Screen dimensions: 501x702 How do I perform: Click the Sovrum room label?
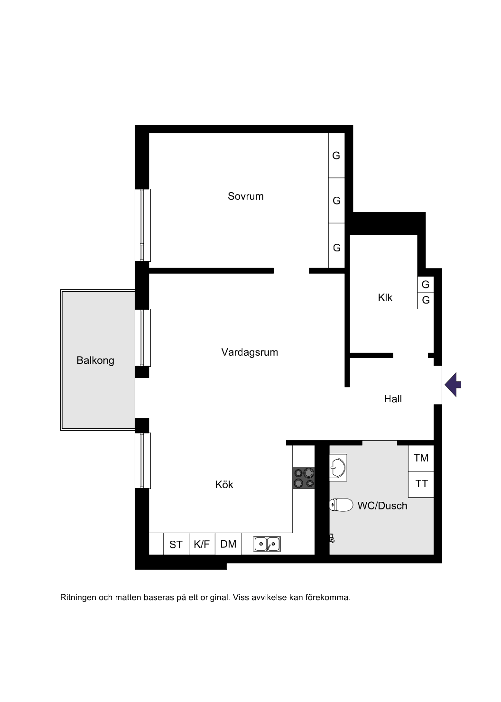[x=245, y=196]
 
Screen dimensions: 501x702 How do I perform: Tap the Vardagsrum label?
[x=250, y=352]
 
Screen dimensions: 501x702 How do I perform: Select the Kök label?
[x=224, y=484]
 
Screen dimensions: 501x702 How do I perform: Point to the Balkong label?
[x=95, y=360]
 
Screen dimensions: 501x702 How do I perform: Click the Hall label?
[x=393, y=399]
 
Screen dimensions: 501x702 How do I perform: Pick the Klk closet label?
[x=385, y=297]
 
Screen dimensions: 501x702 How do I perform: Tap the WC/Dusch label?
[x=382, y=506]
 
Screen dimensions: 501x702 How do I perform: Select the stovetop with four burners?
[x=304, y=478]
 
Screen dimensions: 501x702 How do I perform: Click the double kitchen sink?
[x=267, y=544]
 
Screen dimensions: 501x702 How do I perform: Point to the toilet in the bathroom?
[x=341, y=505]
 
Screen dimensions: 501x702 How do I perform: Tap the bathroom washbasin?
[x=338, y=468]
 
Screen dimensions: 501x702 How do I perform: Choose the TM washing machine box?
[x=421, y=458]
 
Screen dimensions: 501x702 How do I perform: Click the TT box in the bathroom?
[x=421, y=484]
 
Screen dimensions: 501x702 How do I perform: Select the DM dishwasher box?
[x=228, y=544]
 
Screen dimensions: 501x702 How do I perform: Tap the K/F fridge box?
[x=202, y=544]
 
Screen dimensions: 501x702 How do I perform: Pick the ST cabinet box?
[x=176, y=544]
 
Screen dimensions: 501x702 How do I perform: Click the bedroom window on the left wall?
[x=143, y=225]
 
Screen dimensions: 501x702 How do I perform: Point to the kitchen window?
[x=143, y=461]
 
